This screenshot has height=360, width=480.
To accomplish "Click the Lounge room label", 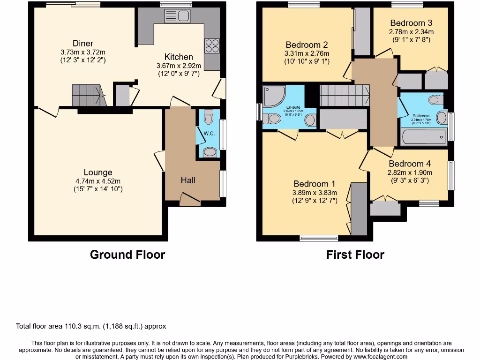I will (x=98, y=172).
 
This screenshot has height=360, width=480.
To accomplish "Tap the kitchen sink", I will (x=177, y=16).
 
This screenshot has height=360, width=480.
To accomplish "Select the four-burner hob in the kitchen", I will (x=212, y=46).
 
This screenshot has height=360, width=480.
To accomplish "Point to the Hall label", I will (x=188, y=180).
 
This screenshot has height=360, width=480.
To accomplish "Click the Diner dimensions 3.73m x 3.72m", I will (x=83, y=52).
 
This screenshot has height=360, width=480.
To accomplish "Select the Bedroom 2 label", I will (x=307, y=45).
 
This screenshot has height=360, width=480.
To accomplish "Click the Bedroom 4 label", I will (x=410, y=164).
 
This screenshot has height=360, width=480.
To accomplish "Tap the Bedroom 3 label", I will (x=411, y=23).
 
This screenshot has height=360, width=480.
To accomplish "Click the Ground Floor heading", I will (x=127, y=255).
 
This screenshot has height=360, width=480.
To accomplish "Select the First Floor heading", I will (x=355, y=255).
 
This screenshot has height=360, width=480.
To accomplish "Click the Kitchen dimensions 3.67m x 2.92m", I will (x=179, y=66).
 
